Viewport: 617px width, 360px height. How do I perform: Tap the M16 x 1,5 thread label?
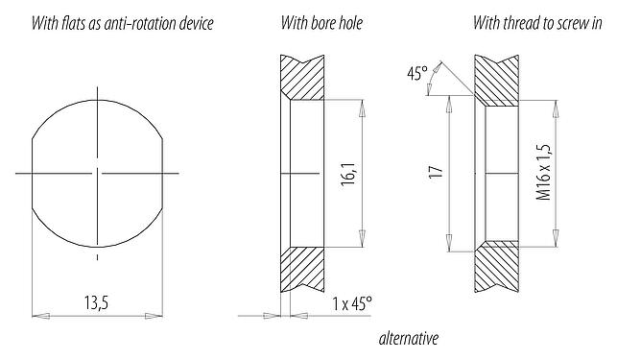pyautogui.click(x=543, y=173)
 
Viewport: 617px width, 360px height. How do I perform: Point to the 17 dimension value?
pyautogui.click(x=436, y=173)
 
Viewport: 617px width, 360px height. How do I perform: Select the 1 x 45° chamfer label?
pyautogui.click(x=351, y=303)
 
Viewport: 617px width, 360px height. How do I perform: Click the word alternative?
pyautogui.click(x=408, y=338)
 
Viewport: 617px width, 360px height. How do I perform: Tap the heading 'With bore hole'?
pyautogui.click(x=322, y=21)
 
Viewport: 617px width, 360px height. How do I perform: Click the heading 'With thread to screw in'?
pyautogui.click(x=537, y=21)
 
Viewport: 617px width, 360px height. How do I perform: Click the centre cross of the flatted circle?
pyautogui.click(x=96, y=173)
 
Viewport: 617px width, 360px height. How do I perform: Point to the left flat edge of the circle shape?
pyautogui.click(x=32, y=173)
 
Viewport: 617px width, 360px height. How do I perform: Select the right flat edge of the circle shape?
pyautogui.click(x=161, y=173)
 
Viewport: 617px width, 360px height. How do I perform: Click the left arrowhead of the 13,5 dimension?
pyautogui.click(x=38, y=314)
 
